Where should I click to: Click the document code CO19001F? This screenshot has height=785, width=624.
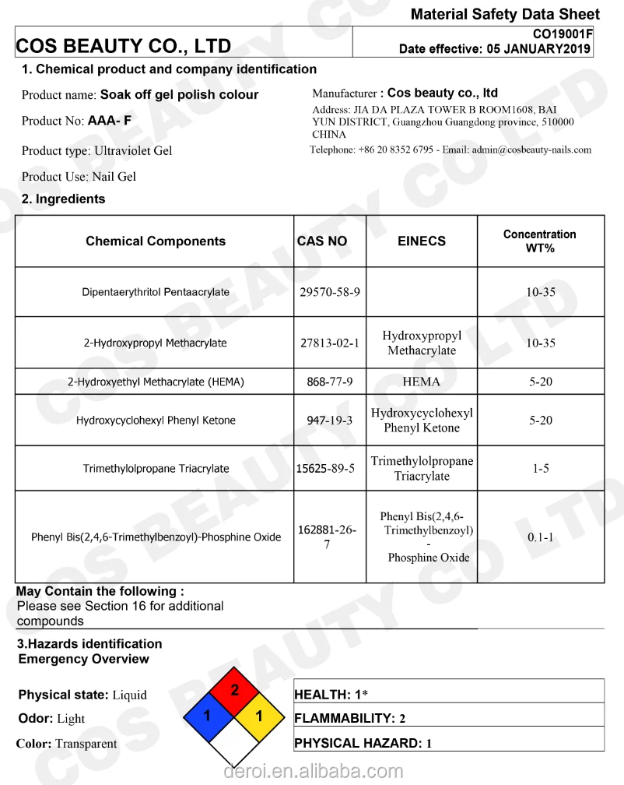pyautogui.click(x=562, y=34)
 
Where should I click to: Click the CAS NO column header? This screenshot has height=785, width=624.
pyautogui.click(x=322, y=241)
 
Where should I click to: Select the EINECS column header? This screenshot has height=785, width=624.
pyautogui.click(x=422, y=241)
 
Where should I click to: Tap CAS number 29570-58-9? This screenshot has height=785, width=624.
pyautogui.click(x=330, y=293)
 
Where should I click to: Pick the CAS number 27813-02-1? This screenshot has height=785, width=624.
pyautogui.click(x=330, y=343)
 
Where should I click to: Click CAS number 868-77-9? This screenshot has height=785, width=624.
pyautogui.click(x=330, y=382)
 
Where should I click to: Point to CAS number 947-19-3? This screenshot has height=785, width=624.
pyautogui.click(x=330, y=421)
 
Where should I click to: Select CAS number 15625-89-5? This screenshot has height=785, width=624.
pyautogui.click(x=326, y=468)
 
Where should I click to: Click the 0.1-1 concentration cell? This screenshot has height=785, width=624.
pyautogui.click(x=540, y=537)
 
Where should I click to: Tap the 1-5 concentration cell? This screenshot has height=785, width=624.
pyautogui.click(x=540, y=469)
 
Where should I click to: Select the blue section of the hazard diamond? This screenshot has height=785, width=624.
pyautogui.click(x=208, y=715)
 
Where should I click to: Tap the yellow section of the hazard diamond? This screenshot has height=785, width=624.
pyautogui.click(x=260, y=715)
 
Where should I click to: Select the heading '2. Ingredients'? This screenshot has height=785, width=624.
pyautogui.click(x=63, y=199)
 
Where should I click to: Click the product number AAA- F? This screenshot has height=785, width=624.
pyautogui.click(x=110, y=121)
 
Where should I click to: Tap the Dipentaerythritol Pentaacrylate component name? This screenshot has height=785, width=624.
pyautogui.click(x=156, y=293)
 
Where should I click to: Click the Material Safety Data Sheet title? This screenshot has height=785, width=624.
pyautogui.click(x=505, y=14)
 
